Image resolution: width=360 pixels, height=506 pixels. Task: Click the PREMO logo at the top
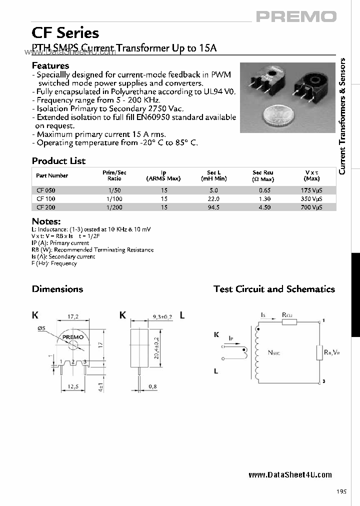point(296,16)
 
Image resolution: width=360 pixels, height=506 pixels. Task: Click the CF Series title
point(65,33)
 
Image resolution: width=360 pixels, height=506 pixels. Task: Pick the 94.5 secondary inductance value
point(213,207)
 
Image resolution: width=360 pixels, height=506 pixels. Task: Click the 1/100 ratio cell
point(114,199)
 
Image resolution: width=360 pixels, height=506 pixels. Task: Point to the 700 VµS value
point(311,207)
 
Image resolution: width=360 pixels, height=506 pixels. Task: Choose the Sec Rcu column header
point(263,175)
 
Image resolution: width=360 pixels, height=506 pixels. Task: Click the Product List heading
point(58,161)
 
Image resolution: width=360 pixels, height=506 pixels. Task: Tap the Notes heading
point(46,221)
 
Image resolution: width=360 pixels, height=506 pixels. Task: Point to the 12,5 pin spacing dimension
point(73,386)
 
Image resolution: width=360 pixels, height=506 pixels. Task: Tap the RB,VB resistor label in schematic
point(331,352)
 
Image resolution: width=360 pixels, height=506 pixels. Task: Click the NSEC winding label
point(274,353)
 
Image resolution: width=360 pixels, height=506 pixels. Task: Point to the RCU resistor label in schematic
point(287,314)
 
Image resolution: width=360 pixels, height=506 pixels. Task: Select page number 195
point(341,491)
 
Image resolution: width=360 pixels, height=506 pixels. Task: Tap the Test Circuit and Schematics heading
point(274,289)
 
